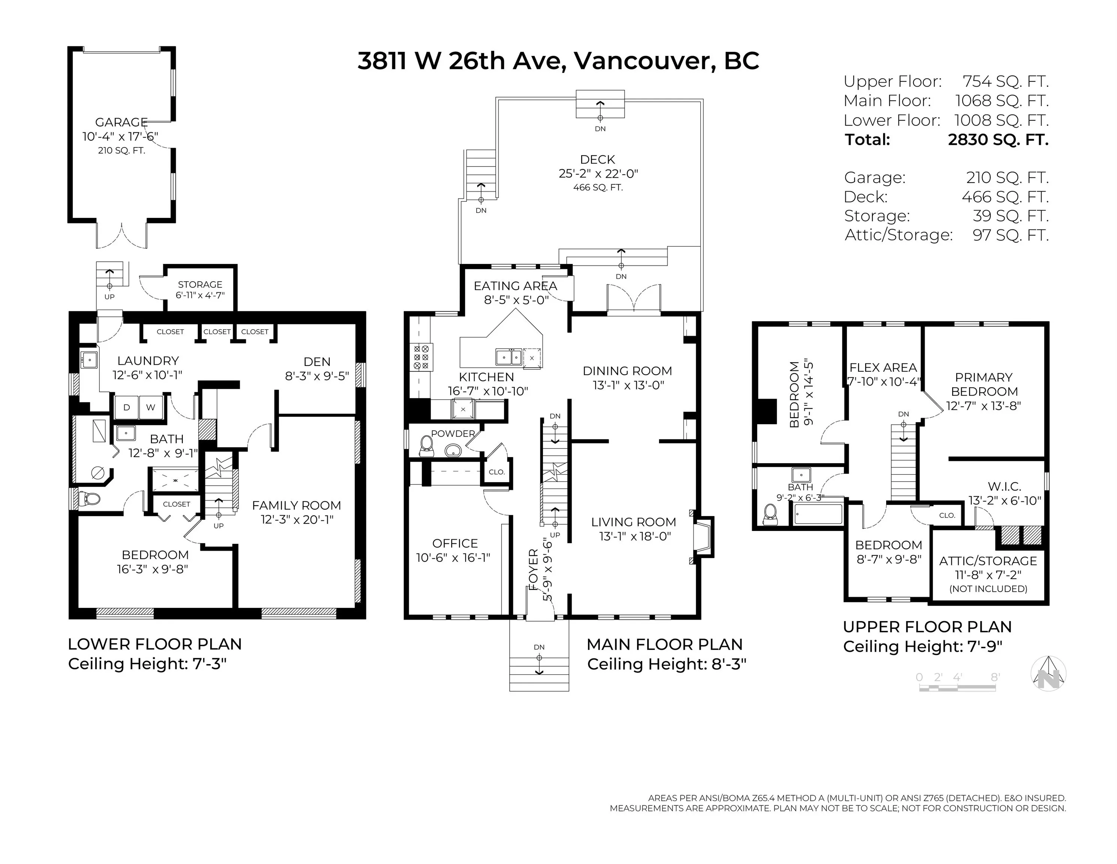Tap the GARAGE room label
(x=121, y=122)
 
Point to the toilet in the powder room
(x=426, y=446)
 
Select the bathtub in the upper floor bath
(x=818, y=513)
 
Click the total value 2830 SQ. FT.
(x=998, y=140)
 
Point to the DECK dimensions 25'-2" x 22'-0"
(x=598, y=174)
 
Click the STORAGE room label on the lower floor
(x=200, y=285)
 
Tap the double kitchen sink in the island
(x=509, y=356)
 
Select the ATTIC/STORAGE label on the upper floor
(x=988, y=561)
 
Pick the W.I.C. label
(x=1005, y=486)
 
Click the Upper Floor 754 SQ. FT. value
(x=1005, y=81)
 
